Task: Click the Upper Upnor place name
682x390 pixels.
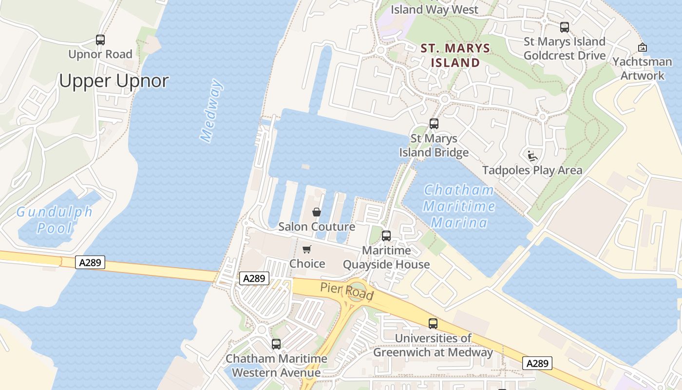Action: pos(114,80)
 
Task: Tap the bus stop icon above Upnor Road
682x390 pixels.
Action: pos(100,40)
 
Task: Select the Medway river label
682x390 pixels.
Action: pos(212,111)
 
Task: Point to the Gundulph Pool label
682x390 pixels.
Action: pos(54,220)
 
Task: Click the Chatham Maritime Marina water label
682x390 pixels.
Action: pos(459,206)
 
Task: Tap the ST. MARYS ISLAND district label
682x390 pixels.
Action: pos(455,55)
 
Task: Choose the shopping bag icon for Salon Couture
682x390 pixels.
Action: pos(317,212)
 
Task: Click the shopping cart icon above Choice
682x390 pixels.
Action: pos(306,250)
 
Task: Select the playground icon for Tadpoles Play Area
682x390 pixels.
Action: pos(532,156)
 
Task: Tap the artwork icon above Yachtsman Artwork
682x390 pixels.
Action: pos(643,47)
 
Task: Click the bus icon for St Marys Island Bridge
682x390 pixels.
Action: pos(434,124)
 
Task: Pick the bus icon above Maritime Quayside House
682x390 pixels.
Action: pos(386,236)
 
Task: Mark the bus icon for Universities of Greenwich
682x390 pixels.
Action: pos(433,323)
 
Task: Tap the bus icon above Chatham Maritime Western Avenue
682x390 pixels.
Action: pos(276,344)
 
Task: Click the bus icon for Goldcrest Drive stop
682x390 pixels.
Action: pos(565,27)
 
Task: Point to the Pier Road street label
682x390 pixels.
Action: pos(347,292)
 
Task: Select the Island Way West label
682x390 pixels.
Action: pos(435,9)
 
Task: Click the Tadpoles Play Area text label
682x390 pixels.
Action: pos(532,170)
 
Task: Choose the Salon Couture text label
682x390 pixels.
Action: pos(317,227)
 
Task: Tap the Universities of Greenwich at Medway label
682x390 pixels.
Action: pos(433,345)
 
